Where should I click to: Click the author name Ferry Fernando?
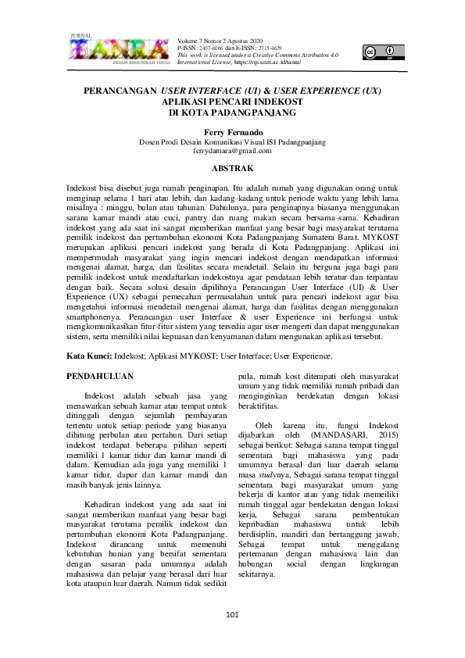pos(232,133)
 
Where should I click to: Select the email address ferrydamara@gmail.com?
pos(232,151)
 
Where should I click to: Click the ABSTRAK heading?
pos(232,168)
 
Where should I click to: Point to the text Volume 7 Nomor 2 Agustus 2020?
pos(220,41)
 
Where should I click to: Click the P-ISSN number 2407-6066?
pos(216,48)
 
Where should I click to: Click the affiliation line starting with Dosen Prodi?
pos(232,142)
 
